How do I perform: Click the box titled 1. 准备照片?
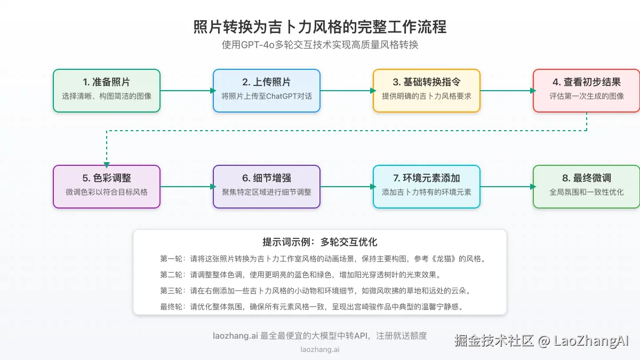[x=107, y=91]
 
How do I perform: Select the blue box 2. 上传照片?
[x=267, y=91]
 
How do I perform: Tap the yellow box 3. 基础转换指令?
[x=427, y=91]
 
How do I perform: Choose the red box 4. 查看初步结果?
[x=587, y=91]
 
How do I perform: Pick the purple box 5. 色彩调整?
[x=107, y=186]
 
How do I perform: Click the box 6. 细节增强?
[x=267, y=186]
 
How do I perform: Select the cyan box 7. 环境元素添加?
[x=427, y=186]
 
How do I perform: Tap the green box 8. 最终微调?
[x=587, y=186]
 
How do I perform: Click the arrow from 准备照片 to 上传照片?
[x=187, y=91]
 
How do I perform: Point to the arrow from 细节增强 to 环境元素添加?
[x=347, y=186]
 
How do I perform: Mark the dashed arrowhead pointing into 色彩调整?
[x=107, y=164]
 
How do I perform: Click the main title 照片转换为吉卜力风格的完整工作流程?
[x=320, y=27]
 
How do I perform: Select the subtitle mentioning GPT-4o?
[x=320, y=45]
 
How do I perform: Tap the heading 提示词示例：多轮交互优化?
[x=320, y=242]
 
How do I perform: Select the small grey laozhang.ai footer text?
[x=320, y=350]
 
